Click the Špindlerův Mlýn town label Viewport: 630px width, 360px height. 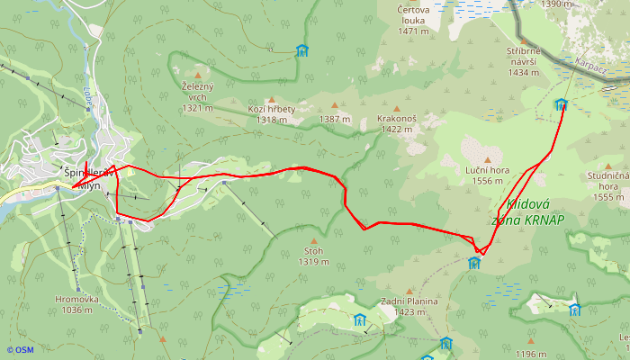click(x=86, y=178)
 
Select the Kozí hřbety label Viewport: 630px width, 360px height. click(x=271, y=114)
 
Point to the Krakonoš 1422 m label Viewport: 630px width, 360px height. click(x=397, y=123)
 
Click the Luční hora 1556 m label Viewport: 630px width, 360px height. click(x=488, y=175)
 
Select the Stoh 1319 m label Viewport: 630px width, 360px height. click(x=313, y=256)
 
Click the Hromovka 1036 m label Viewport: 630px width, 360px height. click(x=73, y=305)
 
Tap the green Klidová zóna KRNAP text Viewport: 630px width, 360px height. click(x=529, y=211)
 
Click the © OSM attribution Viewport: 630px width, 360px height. click(x=20, y=350)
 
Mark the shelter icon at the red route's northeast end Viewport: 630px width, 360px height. click(x=562, y=104)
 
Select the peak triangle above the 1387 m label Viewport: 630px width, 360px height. click(x=334, y=106)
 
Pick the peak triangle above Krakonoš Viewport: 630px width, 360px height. click(x=397, y=106)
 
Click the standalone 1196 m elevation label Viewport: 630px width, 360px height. click(x=531, y=355)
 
